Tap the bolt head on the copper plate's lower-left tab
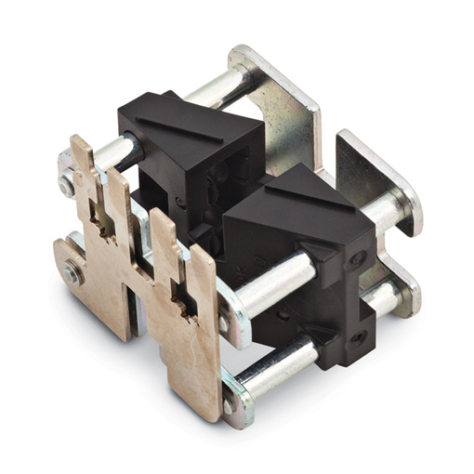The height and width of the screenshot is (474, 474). point(72,274)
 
